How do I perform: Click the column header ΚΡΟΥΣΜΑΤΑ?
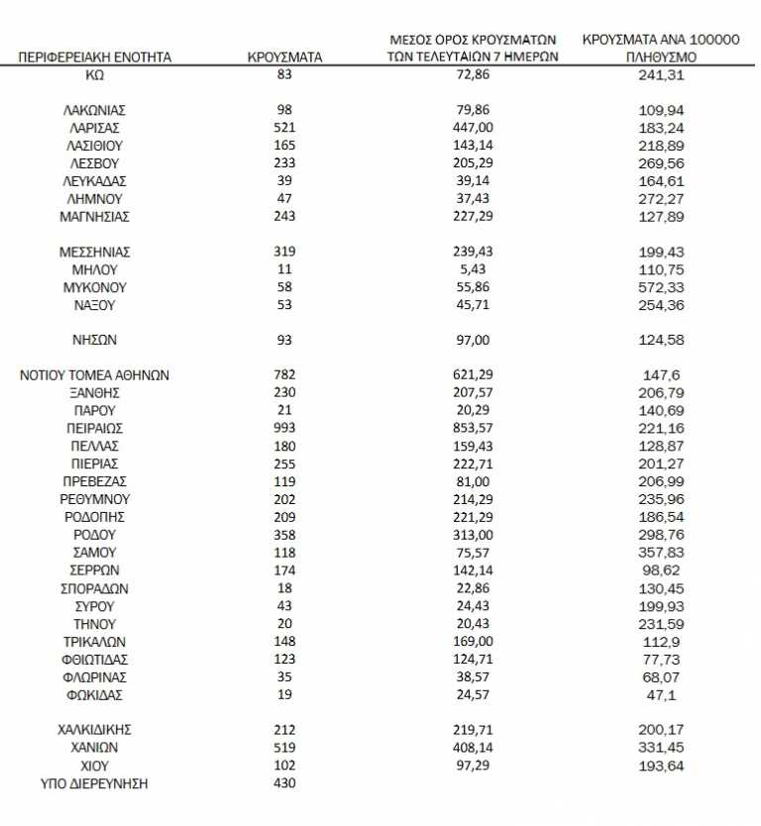click(x=284, y=57)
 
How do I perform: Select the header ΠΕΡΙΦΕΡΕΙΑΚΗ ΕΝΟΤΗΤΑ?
click(x=95, y=57)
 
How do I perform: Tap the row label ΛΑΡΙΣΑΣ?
click(x=95, y=128)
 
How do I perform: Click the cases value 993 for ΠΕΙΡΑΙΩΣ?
click(x=284, y=429)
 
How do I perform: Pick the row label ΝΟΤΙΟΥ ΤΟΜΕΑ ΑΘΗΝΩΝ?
click(x=95, y=375)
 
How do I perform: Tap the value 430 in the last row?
click(x=284, y=784)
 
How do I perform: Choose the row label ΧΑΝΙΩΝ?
click(x=95, y=749)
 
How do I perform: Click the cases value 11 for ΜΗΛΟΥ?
click(x=284, y=270)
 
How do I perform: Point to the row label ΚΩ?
click(x=95, y=74)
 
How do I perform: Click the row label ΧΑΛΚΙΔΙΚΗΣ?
click(x=95, y=731)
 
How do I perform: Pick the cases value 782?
click(x=284, y=375)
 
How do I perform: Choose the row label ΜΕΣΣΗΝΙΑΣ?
click(x=95, y=253)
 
